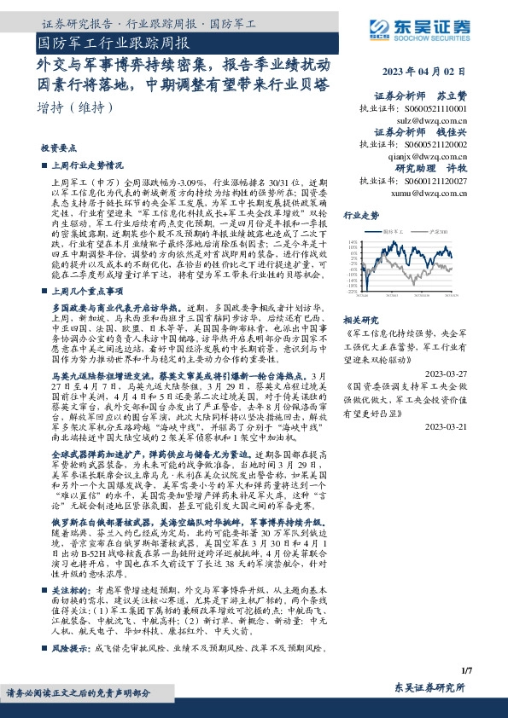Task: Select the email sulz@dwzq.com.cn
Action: click(435, 122)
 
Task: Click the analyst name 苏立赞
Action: click(455, 96)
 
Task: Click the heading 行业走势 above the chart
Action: click(361, 216)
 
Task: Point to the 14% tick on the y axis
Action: click(353, 241)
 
